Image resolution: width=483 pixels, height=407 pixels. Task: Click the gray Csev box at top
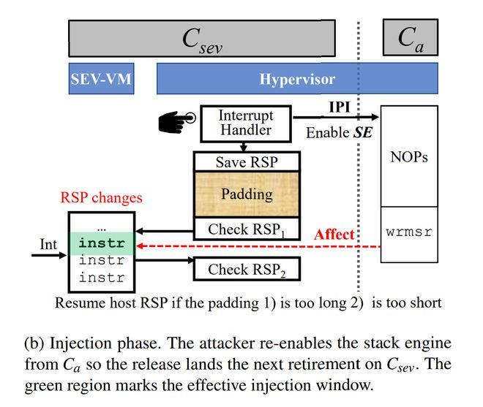coord(201,38)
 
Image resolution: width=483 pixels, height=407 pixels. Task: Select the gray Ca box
coord(410,38)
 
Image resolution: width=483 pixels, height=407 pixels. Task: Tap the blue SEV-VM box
coord(101,79)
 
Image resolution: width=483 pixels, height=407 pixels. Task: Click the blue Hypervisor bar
coord(297,79)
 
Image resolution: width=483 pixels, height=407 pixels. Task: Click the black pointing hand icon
coord(175,123)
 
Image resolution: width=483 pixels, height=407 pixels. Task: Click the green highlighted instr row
coord(102,244)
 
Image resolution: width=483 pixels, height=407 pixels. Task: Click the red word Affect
coord(334,235)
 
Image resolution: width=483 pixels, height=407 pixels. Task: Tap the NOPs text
coord(409,157)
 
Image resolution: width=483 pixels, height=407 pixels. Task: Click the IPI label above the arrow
coord(338,107)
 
